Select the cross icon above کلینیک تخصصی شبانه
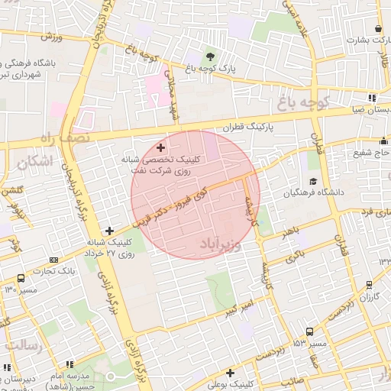[x=160, y=147]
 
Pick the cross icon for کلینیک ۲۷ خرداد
[x=110, y=230]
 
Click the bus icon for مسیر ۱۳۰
[x=20, y=279]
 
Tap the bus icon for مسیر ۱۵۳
[x=309, y=331]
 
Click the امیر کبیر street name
[x=241, y=310]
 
